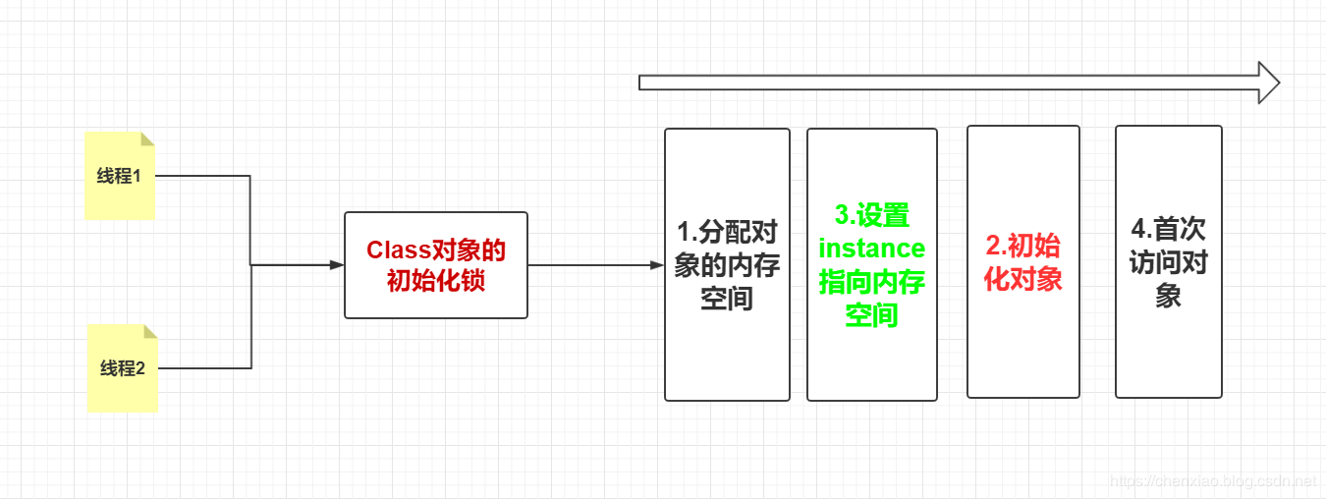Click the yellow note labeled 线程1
(119, 176)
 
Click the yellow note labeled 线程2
(123, 368)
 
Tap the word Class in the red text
(399, 250)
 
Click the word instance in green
(871, 249)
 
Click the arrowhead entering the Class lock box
(336, 265)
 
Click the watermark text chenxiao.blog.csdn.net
(1212, 481)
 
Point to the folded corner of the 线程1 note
(148, 138)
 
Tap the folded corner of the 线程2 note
(151, 330)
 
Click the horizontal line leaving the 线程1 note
(201, 177)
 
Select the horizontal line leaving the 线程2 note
(204, 368)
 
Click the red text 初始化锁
(435, 281)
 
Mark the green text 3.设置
(871, 215)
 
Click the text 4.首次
(1168, 230)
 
